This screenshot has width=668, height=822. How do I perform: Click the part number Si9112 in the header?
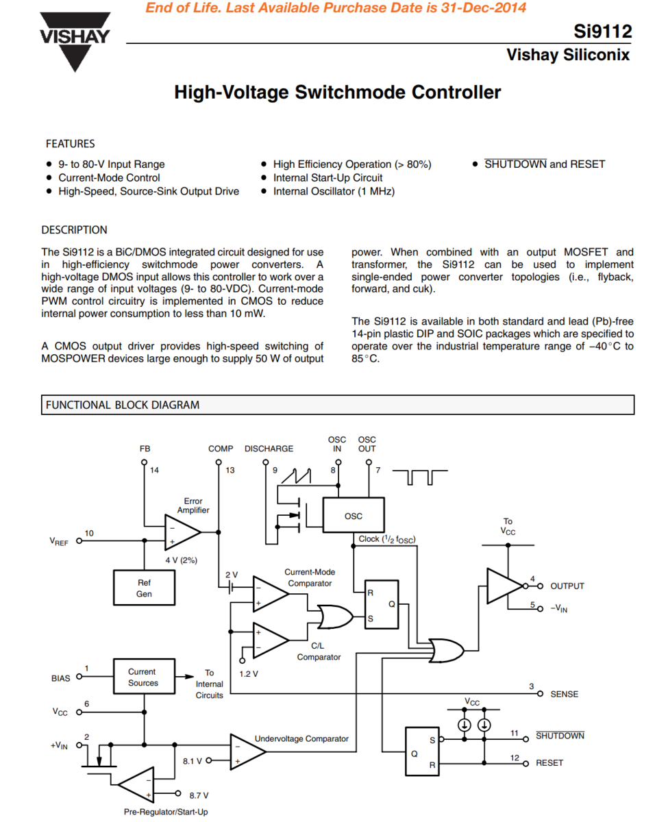click(603, 32)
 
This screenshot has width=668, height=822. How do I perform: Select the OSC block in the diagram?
click(353, 516)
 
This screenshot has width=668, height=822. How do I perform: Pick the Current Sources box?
click(143, 677)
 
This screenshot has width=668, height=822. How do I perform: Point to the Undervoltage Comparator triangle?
click(247, 751)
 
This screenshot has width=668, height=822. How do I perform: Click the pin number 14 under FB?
click(154, 471)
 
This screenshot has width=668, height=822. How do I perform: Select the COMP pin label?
click(221, 449)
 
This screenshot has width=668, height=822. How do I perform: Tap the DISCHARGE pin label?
click(269, 449)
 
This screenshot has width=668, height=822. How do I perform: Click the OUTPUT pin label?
click(567, 586)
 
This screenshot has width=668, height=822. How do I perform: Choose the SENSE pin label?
click(564, 694)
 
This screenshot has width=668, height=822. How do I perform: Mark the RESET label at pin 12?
click(549, 762)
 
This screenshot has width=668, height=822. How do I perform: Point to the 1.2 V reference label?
click(249, 673)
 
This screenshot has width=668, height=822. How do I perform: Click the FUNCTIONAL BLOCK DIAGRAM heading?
click(123, 405)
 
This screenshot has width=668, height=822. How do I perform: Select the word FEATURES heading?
click(70, 144)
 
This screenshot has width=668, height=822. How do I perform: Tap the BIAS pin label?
click(60, 678)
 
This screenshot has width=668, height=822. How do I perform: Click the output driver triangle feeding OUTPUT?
click(504, 586)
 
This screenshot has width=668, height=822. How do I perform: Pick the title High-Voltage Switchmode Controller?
click(337, 92)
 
